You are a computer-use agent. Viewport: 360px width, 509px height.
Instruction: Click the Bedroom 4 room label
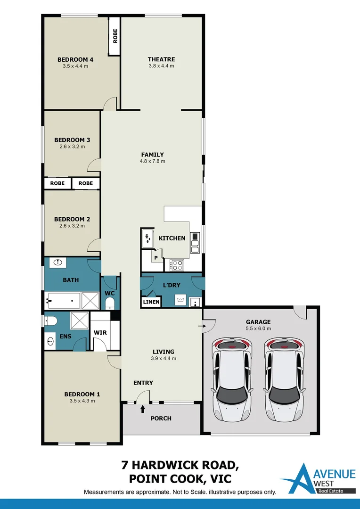(75, 59)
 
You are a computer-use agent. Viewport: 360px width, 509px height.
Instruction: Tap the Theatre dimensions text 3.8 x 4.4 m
(161, 66)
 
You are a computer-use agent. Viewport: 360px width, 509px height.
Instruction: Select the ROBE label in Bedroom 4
(115, 36)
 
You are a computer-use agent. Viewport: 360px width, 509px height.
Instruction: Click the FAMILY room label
(153, 155)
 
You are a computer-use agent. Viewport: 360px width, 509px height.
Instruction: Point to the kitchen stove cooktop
(177, 265)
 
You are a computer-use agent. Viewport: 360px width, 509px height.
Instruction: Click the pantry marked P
(155, 258)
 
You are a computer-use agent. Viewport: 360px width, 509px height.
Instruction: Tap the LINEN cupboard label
(151, 302)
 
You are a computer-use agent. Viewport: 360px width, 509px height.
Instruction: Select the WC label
(110, 293)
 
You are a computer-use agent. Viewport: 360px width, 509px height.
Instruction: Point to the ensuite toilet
(51, 321)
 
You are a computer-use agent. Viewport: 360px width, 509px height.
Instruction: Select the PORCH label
(161, 419)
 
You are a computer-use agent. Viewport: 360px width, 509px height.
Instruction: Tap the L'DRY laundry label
(172, 285)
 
